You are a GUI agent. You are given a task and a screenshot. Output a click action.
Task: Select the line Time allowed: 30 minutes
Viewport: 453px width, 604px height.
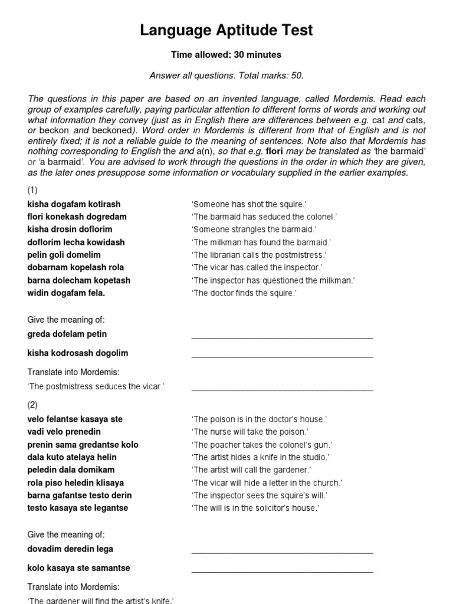(x=226, y=55)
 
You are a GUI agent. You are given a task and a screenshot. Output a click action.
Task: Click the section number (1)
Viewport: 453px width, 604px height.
(x=33, y=190)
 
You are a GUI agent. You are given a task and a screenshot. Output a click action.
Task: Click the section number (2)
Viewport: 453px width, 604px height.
(x=33, y=405)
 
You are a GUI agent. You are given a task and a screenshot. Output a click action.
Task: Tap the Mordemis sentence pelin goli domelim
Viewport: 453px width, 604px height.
(x=64, y=255)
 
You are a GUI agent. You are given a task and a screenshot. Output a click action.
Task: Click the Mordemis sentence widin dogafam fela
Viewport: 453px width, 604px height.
(x=67, y=293)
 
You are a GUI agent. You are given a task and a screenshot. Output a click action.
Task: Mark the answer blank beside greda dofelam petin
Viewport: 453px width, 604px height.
(x=282, y=337)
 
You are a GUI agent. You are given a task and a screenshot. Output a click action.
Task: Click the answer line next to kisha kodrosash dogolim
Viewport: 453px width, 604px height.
(x=282, y=356)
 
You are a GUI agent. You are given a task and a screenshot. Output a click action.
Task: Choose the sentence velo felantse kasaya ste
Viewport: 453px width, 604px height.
(x=75, y=419)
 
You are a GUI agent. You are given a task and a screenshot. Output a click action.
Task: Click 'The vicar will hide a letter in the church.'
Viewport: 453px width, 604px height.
(x=267, y=483)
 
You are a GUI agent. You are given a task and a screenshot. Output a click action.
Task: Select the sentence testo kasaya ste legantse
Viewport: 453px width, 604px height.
(x=78, y=508)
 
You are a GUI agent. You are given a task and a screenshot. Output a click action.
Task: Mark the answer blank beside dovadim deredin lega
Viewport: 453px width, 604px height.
(x=282, y=552)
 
